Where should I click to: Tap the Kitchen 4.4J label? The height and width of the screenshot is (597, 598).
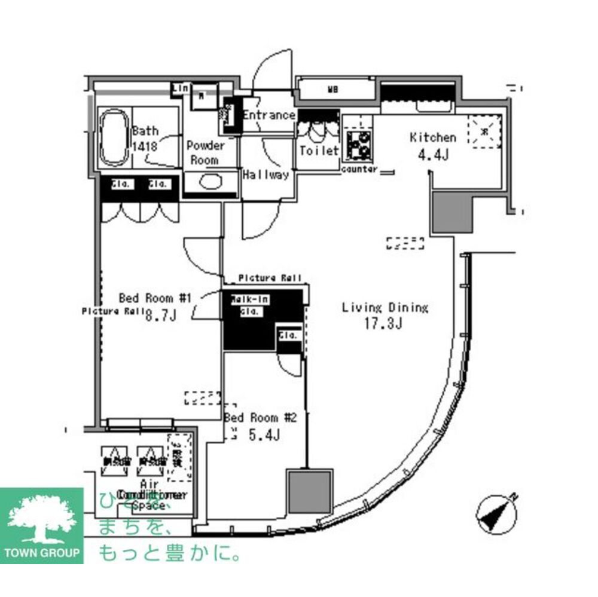[433, 145]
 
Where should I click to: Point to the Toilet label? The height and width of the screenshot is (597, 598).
[319, 151]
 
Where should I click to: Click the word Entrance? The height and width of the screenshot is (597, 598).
[269, 115]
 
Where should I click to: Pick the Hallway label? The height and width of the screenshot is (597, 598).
[266, 174]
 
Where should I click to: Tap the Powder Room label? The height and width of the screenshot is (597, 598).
[205, 152]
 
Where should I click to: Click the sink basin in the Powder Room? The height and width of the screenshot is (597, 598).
[210, 182]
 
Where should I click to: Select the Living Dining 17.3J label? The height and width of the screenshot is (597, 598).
[385, 316]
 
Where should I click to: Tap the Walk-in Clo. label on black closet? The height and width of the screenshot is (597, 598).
[249, 304]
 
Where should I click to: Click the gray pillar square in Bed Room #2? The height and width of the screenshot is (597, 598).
[309, 491]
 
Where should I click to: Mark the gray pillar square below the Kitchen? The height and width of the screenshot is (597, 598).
[452, 213]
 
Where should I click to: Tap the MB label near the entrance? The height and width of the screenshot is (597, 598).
[332, 91]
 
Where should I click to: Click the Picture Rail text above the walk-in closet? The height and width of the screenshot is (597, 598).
[270, 278]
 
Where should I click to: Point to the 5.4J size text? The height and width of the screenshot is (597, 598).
[263, 436]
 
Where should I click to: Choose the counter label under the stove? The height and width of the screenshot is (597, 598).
[359, 169]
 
